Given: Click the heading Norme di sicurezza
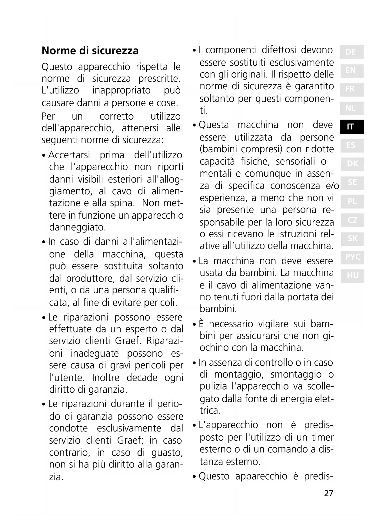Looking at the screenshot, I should point(90,51).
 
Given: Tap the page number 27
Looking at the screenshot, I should point(328,493).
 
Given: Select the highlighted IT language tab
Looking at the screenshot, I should point(351,127).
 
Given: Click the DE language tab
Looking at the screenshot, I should point(351,52).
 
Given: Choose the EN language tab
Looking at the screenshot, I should point(351,71).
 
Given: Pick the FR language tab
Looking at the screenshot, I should point(351,89).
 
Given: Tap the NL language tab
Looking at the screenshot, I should point(351,108).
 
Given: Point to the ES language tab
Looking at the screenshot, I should point(351,145).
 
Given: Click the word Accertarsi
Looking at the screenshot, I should point(69,155).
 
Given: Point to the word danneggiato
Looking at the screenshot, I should point(78,227).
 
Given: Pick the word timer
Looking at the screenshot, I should point(322,437).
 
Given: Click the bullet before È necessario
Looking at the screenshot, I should point(194,325).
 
